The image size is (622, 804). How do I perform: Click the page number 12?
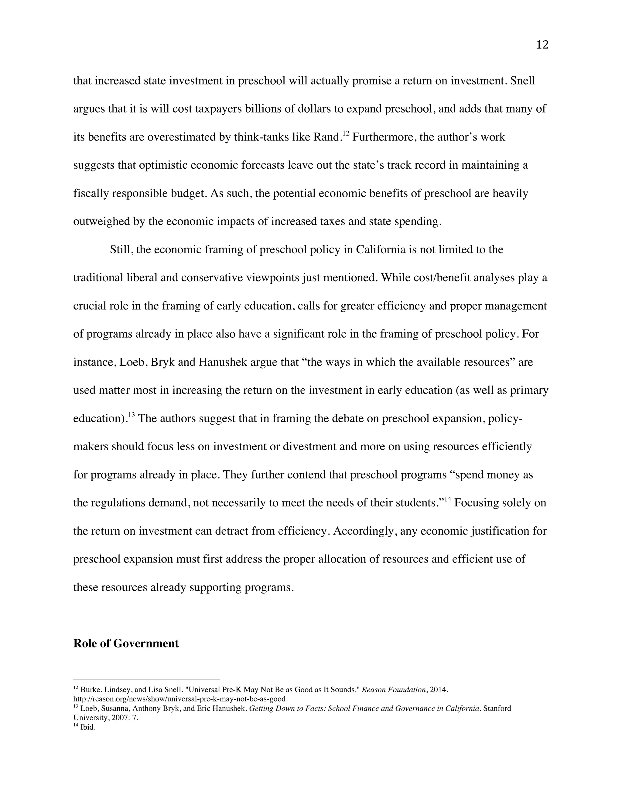tap(542, 45)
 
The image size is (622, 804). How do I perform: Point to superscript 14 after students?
tap(447, 499)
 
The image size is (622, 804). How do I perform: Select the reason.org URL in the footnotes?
tap(181, 699)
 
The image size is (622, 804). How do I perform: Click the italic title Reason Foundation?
tap(394, 690)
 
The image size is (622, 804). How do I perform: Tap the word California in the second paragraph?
tap(380, 250)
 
